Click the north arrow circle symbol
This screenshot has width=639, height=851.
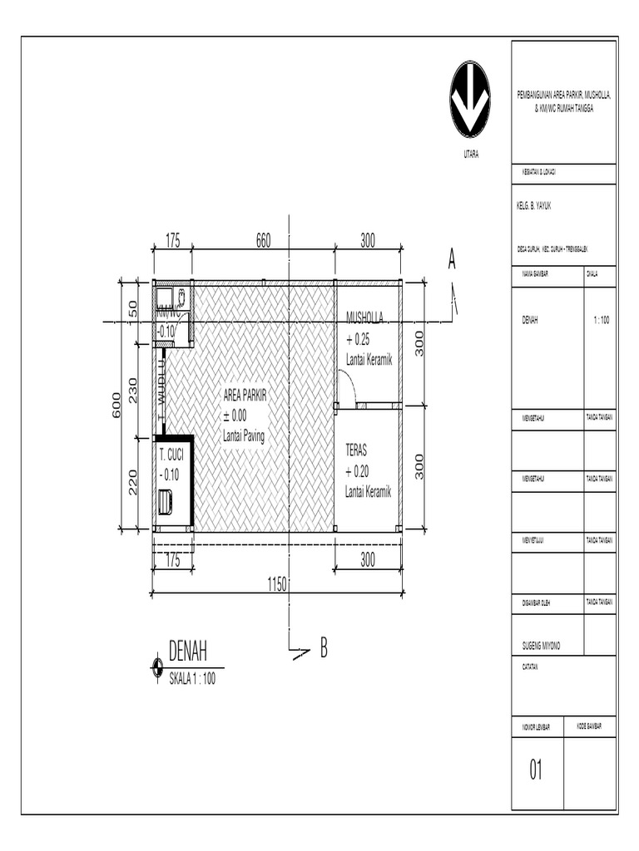point(470,99)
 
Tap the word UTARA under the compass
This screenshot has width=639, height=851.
point(470,155)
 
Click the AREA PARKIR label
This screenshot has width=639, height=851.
point(245,398)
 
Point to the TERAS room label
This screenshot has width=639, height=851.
point(356,450)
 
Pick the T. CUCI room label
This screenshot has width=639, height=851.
point(171,455)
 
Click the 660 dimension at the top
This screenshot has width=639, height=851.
point(263,242)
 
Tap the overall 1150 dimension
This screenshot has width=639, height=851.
point(277,584)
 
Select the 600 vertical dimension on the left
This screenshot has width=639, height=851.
point(117,406)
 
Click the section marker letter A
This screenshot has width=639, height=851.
point(452,259)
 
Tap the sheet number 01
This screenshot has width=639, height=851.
point(536,771)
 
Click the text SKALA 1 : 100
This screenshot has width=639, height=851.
point(192,679)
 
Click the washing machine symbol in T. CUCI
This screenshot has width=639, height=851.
point(165,502)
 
